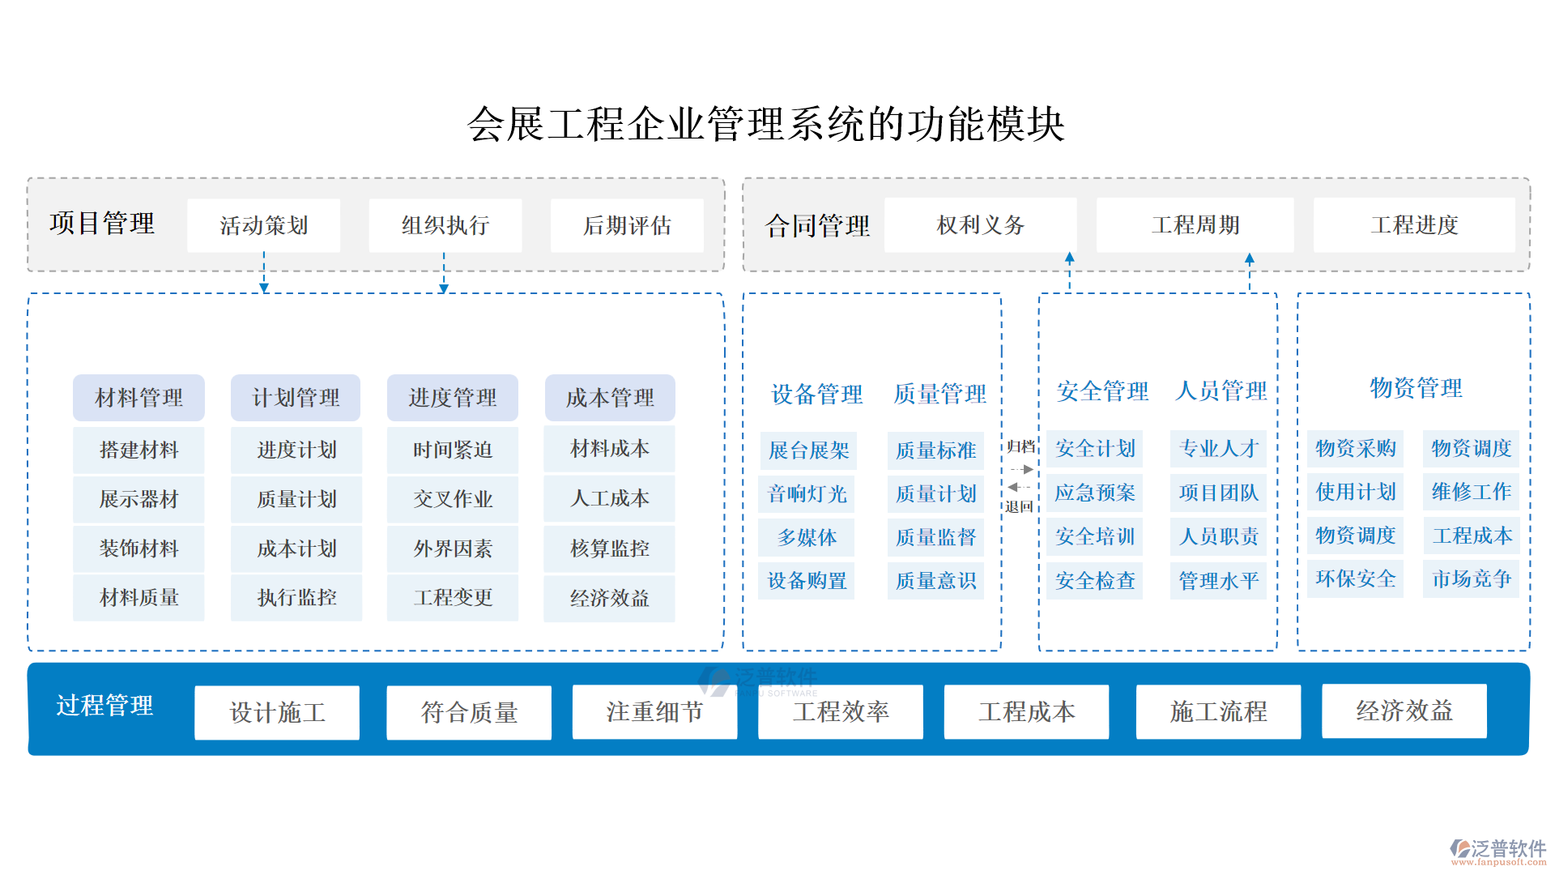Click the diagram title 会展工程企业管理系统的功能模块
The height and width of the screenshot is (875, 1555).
click(x=765, y=124)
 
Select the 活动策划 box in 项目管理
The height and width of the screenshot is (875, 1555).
click(x=263, y=225)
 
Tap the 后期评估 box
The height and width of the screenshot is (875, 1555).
click(x=627, y=225)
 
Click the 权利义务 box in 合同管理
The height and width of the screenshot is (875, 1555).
click(x=980, y=224)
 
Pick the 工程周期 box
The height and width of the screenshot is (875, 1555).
click(x=1195, y=224)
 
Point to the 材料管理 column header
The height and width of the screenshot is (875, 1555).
click(x=138, y=398)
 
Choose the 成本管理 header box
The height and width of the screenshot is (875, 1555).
click(x=610, y=398)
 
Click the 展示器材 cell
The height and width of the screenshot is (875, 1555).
click(x=138, y=499)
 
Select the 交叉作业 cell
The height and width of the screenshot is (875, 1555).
click(x=453, y=499)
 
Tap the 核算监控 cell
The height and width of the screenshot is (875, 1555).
click(x=610, y=548)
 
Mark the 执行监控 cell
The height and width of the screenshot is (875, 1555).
click(x=296, y=597)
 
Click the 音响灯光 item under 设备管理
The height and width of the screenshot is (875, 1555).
click(x=807, y=493)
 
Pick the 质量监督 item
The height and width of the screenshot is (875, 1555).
click(x=935, y=537)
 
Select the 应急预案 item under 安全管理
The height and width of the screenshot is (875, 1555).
click(x=1095, y=493)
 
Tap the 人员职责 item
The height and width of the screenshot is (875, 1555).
click(x=1218, y=536)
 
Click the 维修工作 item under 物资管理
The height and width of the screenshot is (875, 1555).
click(x=1471, y=492)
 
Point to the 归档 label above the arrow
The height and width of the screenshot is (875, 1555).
click(x=1020, y=446)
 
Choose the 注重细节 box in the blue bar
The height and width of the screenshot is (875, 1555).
click(x=654, y=711)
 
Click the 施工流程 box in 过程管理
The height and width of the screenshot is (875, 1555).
click(x=1218, y=711)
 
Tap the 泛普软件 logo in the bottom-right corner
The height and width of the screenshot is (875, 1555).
click(x=1498, y=851)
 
